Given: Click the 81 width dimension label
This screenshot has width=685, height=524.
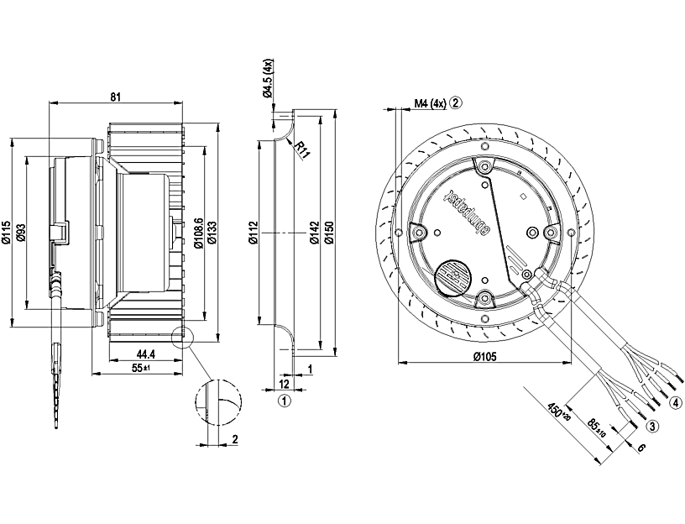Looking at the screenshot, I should pos(116,97).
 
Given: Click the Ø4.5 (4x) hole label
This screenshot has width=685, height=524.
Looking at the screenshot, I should pos(269,79).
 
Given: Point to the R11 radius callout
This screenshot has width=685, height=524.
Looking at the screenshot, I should pos(303,150).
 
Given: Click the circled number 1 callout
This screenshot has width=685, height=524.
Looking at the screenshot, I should pos(285,401).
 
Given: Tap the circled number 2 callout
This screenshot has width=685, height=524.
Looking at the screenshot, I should pos(455,103).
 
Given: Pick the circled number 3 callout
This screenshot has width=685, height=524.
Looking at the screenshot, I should pos(652,426).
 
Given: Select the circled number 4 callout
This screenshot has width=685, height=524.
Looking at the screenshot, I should pos(676,401).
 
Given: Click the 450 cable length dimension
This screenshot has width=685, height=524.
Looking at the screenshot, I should pos(557,412).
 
